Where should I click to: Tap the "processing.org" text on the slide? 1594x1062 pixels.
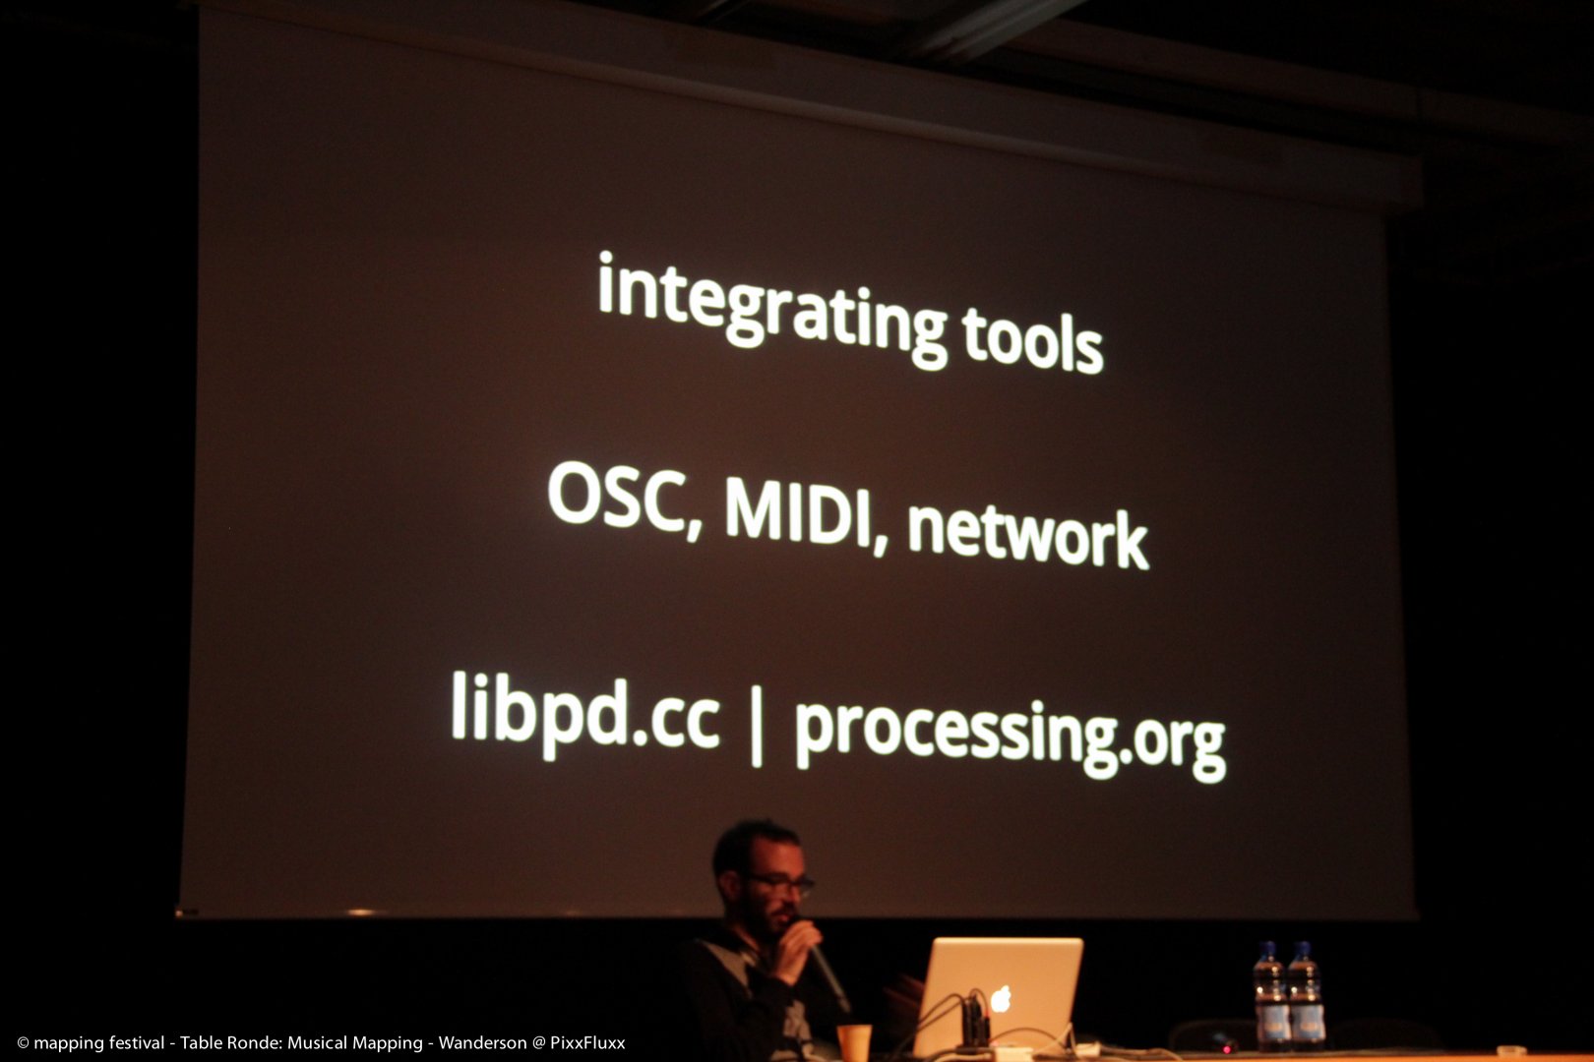tap(1010, 738)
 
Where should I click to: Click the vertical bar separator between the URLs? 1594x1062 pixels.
tap(757, 725)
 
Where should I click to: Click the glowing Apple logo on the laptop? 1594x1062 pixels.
tap(1001, 998)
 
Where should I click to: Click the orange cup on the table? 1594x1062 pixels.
tap(854, 1042)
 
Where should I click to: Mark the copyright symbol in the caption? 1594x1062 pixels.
tap(23, 1043)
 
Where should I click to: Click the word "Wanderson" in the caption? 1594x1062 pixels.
tap(482, 1042)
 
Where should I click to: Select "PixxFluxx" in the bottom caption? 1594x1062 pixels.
tap(587, 1042)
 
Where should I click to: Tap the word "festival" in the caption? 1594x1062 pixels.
tap(135, 1042)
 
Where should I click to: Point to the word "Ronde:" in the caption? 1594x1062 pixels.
tap(255, 1042)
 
